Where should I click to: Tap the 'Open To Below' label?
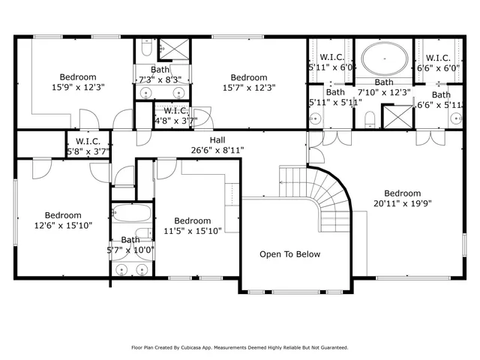point(289,254)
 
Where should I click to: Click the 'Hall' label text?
point(217,139)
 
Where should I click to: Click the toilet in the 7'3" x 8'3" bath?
point(146,49)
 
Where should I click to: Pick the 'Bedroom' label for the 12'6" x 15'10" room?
point(63,214)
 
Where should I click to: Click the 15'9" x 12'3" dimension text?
point(78,87)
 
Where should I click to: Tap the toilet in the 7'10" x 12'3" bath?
point(369,118)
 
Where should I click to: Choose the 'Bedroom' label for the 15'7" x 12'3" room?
point(249,77)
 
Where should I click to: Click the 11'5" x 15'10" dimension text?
point(193,232)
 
